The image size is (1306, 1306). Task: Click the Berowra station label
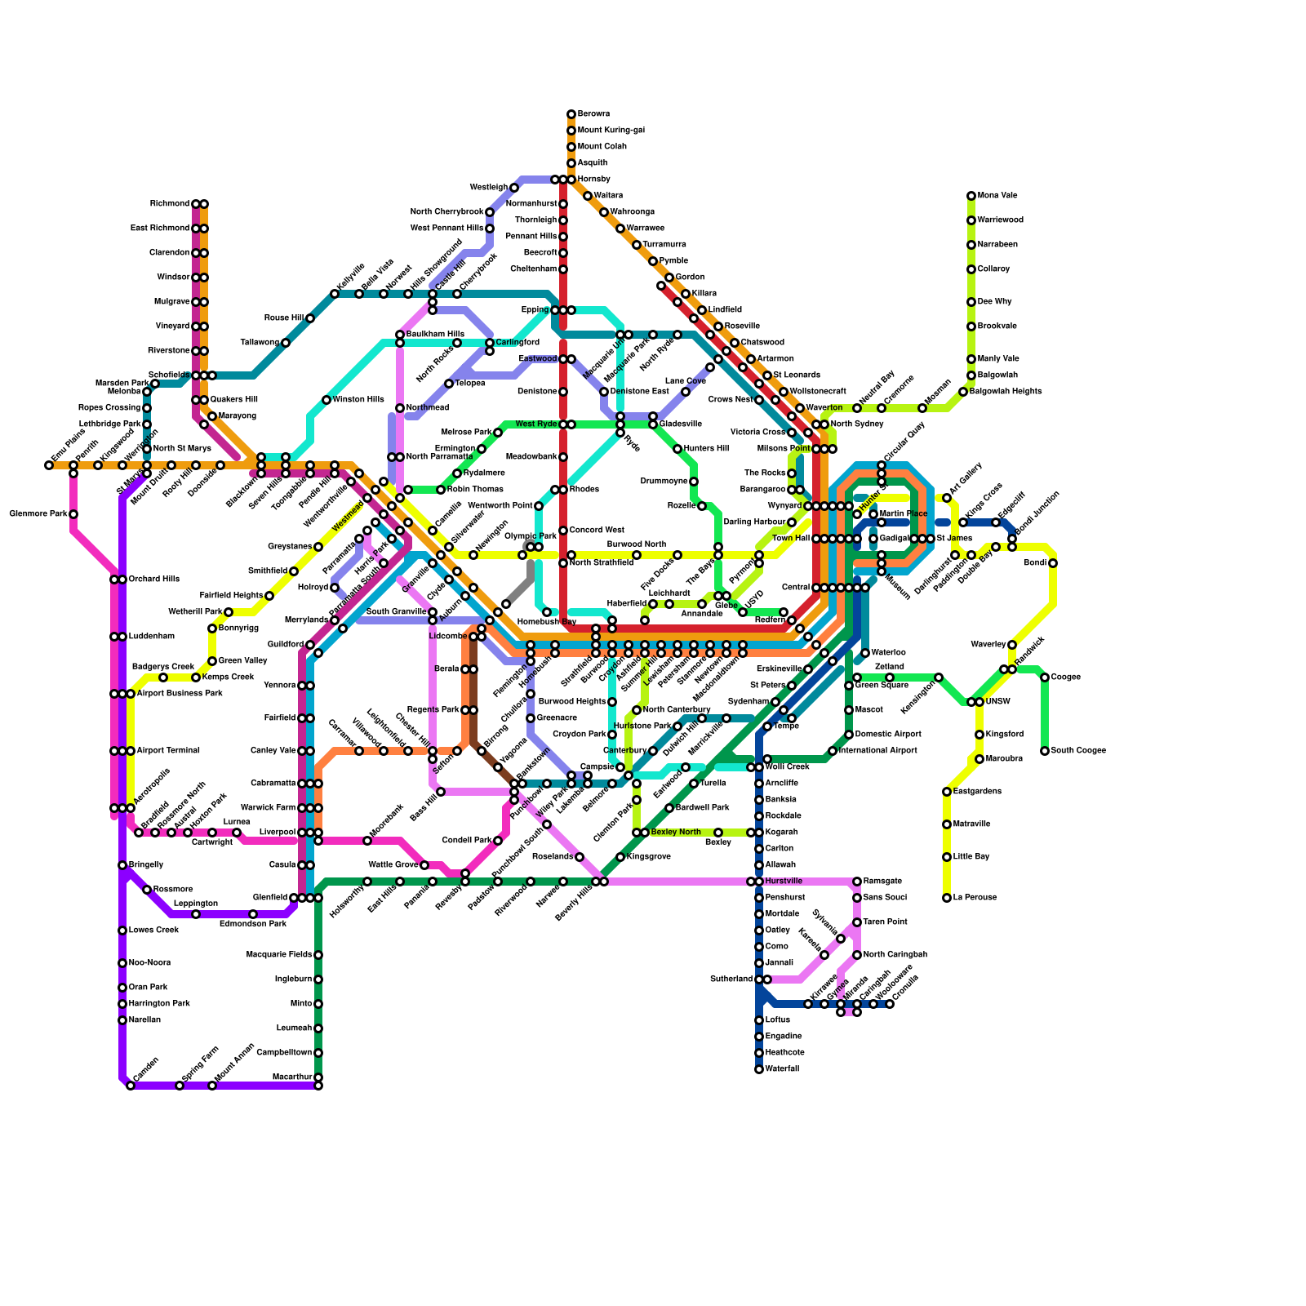coord(593,114)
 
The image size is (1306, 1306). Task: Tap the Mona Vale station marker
coord(971,196)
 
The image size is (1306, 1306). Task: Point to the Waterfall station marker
coord(759,1069)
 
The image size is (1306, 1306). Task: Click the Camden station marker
coord(131,1086)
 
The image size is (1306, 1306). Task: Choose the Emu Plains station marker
coord(49,465)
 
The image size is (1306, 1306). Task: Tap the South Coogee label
coord(1078,751)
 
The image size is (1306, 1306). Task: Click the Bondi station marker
coord(1053,563)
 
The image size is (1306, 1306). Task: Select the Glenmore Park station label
coord(38,514)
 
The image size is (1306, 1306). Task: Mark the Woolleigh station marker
coord(514,188)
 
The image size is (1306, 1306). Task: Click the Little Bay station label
coord(971,857)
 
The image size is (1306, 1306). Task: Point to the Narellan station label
coord(144,1020)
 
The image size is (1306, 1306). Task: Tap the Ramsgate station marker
coord(857,882)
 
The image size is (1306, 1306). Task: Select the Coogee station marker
coord(1045,677)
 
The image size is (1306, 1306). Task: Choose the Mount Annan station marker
coord(212,1086)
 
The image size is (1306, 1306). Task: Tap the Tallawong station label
coord(260,343)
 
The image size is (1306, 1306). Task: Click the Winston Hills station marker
coord(326,400)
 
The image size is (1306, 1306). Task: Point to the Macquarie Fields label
coord(279,955)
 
